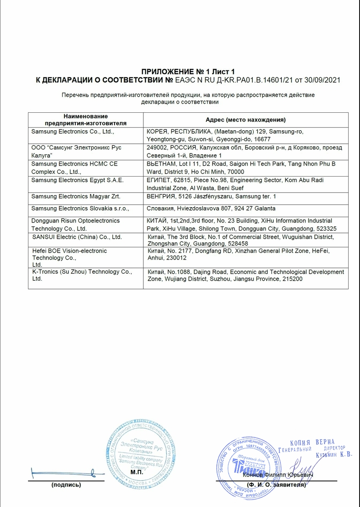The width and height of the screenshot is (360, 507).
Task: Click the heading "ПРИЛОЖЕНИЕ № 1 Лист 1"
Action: (188, 72)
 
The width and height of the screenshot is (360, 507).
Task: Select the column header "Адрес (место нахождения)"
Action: (245, 120)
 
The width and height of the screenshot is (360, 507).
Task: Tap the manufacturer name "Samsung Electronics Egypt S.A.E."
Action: (77, 180)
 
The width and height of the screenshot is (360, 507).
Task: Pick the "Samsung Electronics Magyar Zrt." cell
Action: (76, 197)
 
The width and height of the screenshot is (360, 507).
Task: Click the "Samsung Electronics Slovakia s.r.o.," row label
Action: (80, 208)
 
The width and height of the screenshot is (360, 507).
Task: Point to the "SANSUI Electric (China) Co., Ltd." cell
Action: (77, 237)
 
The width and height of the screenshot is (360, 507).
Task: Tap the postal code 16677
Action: (262, 139)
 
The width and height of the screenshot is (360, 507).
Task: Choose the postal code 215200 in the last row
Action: (291, 279)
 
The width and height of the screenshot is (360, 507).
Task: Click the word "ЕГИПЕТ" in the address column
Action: (159, 180)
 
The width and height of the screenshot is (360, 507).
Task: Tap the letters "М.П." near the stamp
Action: (137, 472)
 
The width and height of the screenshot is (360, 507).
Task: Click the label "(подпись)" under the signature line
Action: (66, 485)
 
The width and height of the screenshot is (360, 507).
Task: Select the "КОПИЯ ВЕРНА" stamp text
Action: (312, 442)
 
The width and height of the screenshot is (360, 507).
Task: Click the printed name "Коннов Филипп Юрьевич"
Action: (278, 475)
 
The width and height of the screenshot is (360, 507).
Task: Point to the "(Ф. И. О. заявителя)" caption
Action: (276, 485)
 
